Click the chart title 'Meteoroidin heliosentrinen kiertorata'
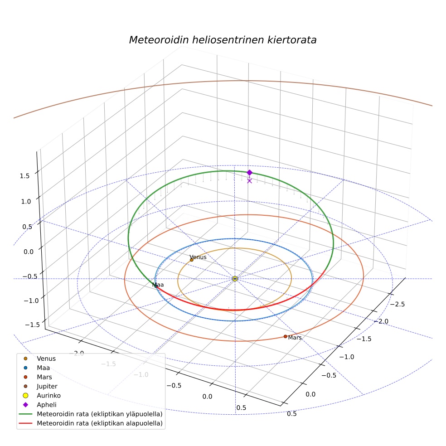223,40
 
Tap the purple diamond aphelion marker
249,172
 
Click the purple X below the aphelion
249,181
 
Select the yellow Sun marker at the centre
235,279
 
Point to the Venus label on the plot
198,257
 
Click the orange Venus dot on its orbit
191,260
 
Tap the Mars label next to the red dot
295,337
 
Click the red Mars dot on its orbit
285,336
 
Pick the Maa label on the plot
158,285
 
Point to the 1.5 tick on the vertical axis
24,176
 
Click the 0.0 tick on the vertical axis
29,252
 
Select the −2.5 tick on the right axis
398,304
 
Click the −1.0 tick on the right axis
347,357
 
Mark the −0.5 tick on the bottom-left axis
174,385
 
